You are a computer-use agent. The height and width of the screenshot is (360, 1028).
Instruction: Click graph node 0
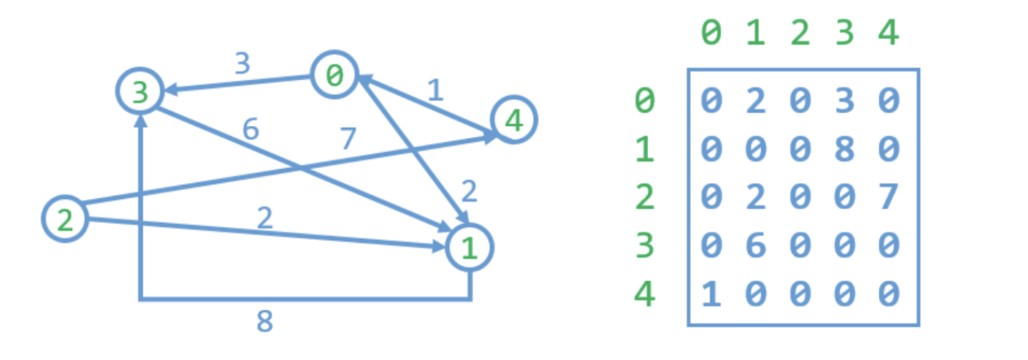334,75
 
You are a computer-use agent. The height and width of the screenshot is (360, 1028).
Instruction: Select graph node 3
140,93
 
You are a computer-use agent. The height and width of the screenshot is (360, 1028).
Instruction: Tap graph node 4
514,121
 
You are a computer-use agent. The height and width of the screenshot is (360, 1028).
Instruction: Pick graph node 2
65,219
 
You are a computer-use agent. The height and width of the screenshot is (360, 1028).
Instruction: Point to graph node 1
470,247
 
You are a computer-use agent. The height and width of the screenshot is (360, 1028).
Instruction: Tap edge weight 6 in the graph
251,129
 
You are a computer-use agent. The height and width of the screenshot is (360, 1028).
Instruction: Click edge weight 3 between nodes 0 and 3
243,63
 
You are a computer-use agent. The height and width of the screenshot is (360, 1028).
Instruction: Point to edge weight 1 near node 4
434,90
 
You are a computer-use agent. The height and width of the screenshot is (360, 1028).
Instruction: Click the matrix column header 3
844,34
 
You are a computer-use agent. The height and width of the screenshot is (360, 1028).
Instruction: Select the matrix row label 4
645,294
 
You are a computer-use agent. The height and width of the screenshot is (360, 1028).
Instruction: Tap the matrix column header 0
712,34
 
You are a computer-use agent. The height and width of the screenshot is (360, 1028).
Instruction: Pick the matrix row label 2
645,197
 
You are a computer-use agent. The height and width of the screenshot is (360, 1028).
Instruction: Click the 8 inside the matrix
844,149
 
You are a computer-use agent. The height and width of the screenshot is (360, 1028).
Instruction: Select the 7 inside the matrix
888,197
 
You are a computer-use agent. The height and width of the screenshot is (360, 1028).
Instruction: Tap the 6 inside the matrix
756,246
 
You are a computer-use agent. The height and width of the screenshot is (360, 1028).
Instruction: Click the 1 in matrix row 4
712,294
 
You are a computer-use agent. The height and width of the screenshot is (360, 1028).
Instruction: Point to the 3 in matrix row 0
844,101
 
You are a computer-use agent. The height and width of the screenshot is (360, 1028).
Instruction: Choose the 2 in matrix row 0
756,101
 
